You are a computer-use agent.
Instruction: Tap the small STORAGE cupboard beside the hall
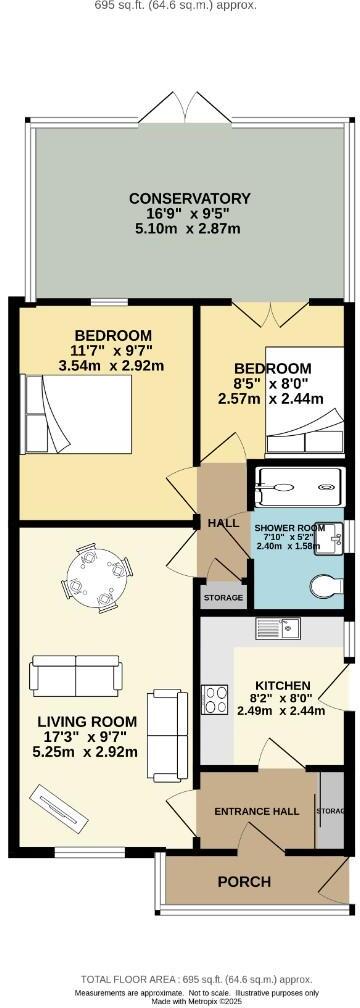tap(223, 597)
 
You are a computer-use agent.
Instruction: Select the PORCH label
tap(244, 881)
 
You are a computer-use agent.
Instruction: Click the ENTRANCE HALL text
tap(258, 810)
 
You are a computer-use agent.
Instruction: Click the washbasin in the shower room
tap(337, 532)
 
